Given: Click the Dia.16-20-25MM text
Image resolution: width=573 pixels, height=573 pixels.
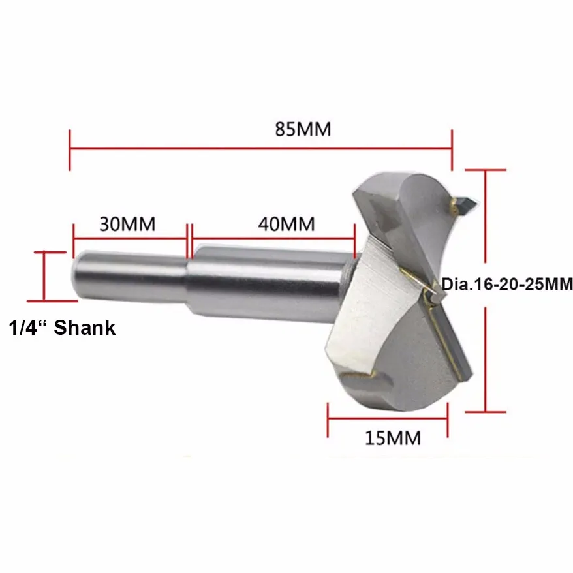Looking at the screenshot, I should pos(507,285).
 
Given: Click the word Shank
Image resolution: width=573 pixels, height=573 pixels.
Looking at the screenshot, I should pos(84,328).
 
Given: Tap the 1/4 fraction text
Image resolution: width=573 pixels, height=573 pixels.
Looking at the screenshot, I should pos(25,328).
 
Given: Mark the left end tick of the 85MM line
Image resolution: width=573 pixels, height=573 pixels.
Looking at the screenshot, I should pos(70,150).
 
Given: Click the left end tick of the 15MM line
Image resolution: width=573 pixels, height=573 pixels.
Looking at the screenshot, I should pos(328,420).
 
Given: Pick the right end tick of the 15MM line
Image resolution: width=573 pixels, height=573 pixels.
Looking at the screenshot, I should pos(448,420).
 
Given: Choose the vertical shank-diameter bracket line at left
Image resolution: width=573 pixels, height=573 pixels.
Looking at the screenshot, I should pos(44,276).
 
